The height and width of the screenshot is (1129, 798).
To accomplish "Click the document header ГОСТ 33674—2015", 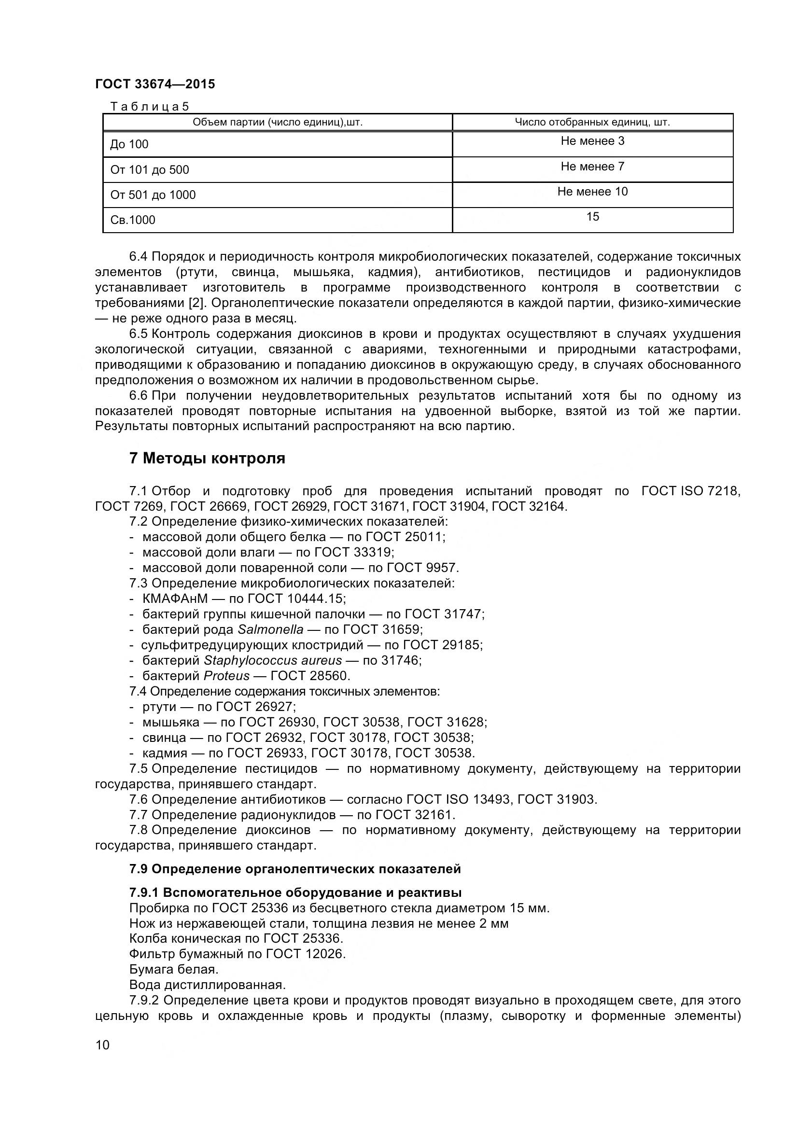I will point(155,84).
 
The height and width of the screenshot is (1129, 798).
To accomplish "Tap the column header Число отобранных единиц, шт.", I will point(592,122).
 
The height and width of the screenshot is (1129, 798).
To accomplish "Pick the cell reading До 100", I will point(129,144).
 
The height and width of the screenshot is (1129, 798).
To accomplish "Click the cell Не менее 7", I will point(592,166).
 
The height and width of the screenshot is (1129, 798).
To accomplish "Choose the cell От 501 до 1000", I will point(153,195).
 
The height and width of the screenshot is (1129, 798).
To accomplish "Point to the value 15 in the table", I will point(592,216).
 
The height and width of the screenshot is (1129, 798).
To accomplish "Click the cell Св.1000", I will point(133,220).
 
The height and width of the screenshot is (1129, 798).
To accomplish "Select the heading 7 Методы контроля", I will point(207,458).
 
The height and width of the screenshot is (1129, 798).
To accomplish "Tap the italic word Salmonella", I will point(270,629).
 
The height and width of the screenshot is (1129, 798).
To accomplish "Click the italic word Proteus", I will point(227,676).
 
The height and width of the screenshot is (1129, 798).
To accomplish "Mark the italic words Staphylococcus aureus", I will point(272,660).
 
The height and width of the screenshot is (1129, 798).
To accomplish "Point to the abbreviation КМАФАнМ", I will point(175,599).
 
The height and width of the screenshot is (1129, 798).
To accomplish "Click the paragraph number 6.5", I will point(138,334).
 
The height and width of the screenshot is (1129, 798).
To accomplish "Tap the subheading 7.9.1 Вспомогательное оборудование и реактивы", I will point(295,892).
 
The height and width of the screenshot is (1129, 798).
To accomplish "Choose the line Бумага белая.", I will point(174,969).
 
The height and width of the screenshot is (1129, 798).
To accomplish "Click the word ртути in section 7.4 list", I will point(159,707).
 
